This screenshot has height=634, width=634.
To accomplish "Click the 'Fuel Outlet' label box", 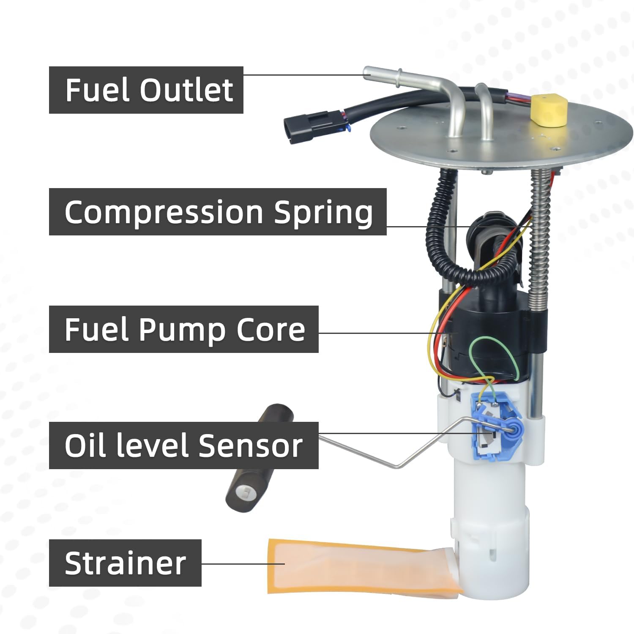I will pyautogui.click(x=146, y=90).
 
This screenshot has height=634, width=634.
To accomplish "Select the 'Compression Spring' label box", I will pyautogui.click(x=218, y=212).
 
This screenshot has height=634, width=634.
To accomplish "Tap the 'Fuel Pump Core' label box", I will pyautogui.click(x=183, y=329).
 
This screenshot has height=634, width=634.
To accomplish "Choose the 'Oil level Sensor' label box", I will pyautogui.click(x=183, y=445).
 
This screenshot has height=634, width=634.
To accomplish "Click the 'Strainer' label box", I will pyautogui.click(x=125, y=563).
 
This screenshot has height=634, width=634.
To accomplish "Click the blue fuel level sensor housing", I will pyautogui.click(x=495, y=427).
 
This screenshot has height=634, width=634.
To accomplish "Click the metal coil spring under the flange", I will pyautogui.click(x=538, y=237).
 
